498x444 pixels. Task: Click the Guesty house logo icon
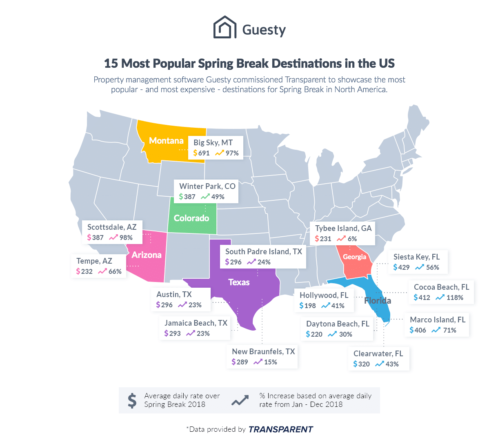[x=225, y=27]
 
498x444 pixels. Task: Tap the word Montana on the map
[x=166, y=141]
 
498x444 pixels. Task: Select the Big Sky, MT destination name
[x=213, y=142]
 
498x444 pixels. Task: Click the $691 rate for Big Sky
[x=202, y=153]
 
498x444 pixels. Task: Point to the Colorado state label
[x=191, y=218]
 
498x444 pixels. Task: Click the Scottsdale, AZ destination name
[x=112, y=227]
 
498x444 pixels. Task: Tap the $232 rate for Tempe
[x=84, y=271]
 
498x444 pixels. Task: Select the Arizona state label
[x=147, y=255]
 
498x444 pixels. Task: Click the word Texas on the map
[x=239, y=282]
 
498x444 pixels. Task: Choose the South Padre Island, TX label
[x=264, y=251]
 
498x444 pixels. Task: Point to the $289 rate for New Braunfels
[x=240, y=362]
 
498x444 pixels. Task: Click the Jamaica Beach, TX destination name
[x=196, y=323]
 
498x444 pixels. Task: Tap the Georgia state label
[x=354, y=257]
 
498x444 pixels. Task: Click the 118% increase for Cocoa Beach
[x=455, y=297]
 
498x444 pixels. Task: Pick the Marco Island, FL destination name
[x=438, y=320]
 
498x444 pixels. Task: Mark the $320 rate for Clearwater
[x=362, y=364]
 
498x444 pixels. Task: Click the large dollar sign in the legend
[x=132, y=401]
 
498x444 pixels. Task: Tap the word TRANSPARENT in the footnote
[x=280, y=429]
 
